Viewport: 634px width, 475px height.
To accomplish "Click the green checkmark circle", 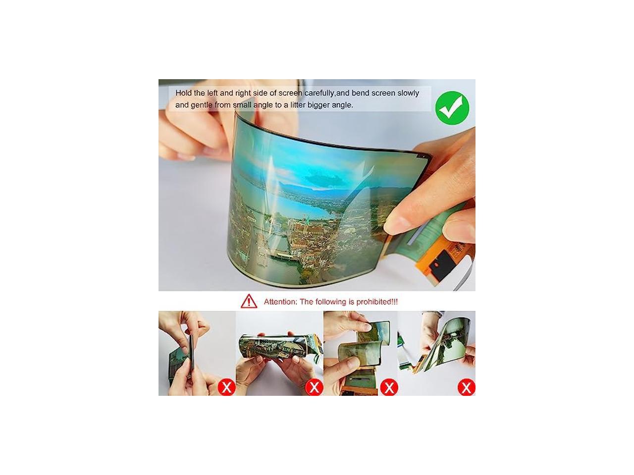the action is (x=452, y=108).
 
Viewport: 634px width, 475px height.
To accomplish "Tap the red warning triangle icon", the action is (x=249, y=301).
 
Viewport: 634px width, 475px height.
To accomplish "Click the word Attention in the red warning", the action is (x=280, y=302).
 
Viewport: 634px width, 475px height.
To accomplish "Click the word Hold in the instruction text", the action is (x=184, y=93).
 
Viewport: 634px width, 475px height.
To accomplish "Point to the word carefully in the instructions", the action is (x=319, y=94).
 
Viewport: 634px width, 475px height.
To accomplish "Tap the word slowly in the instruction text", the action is (x=408, y=94).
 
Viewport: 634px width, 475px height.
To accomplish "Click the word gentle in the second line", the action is (x=202, y=105).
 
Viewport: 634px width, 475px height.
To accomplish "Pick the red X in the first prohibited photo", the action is (x=226, y=387).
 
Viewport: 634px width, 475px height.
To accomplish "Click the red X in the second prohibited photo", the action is (x=314, y=387).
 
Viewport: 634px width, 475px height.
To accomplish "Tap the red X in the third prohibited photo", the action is (x=389, y=387).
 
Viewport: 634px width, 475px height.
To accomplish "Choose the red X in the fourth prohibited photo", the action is (x=466, y=387).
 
